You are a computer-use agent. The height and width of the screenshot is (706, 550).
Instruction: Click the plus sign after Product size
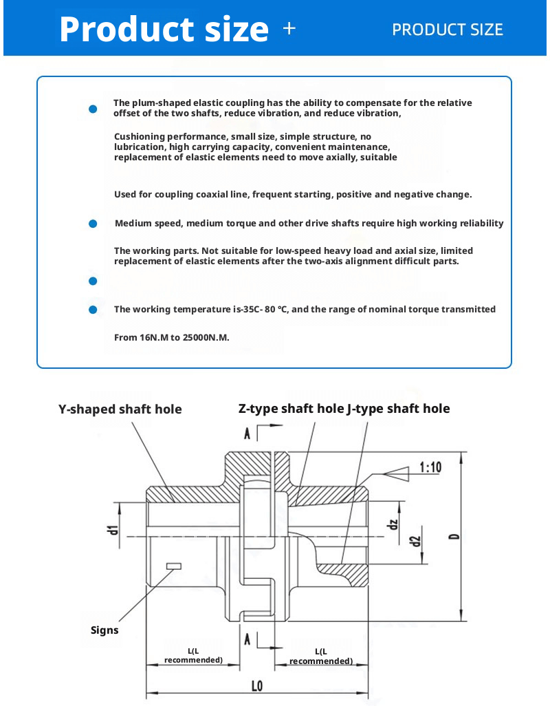click(289, 29)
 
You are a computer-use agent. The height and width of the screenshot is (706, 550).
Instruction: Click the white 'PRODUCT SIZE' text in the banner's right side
click(447, 30)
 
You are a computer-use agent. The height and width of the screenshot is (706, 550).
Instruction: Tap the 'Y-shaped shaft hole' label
click(120, 409)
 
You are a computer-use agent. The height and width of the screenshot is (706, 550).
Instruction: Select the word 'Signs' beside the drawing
click(104, 630)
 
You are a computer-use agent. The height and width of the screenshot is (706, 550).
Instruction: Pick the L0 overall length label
click(257, 685)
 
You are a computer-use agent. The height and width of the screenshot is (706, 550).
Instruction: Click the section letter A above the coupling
click(247, 433)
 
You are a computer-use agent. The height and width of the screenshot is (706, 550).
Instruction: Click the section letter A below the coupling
click(247, 639)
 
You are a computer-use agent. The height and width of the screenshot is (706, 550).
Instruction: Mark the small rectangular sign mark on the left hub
click(173, 566)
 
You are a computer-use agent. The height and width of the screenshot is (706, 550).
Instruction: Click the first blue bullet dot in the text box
click(93, 109)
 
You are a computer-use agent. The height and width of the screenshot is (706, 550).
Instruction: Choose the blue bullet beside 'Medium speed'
click(93, 224)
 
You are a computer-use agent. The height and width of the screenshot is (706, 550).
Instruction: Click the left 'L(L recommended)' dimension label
click(193, 655)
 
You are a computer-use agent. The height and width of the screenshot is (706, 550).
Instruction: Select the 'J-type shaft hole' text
click(399, 409)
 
